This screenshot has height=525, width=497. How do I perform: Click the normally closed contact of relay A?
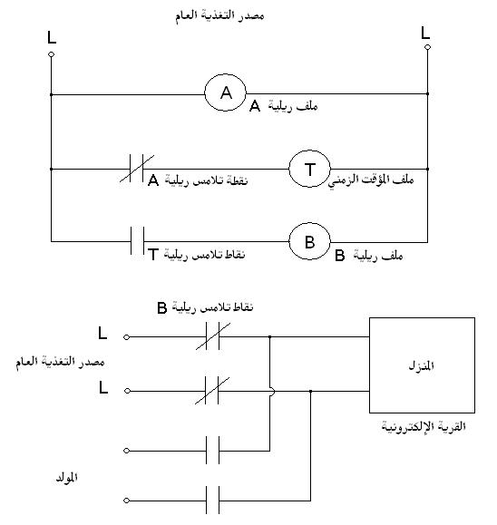tap(137, 169)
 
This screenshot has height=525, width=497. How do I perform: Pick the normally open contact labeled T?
tap(137, 240)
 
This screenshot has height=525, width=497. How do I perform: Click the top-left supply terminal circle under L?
tap(51, 54)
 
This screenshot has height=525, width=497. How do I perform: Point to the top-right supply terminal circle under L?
tap(427, 47)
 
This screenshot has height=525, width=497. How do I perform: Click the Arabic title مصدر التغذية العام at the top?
tap(219, 15)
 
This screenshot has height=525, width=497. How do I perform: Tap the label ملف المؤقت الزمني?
tap(371, 180)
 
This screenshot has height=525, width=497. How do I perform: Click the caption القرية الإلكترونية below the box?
tap(424, 426)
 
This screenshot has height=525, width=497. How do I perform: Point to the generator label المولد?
tap(66, 478)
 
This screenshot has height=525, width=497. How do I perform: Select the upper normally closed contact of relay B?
tap(213, 336)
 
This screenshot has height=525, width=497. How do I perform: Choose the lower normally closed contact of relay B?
tap(212, 391)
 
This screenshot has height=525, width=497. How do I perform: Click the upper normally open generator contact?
tap(212, 451)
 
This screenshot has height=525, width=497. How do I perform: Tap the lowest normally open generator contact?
tap(212, 501)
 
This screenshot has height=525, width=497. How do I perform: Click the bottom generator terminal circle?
tap(126, 501)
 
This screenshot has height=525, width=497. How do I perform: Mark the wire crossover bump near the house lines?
tap(272, 391)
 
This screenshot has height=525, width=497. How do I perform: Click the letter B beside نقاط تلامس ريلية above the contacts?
tap(162, 307)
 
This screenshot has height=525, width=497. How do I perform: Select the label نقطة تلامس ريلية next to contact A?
tap(206, 180)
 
